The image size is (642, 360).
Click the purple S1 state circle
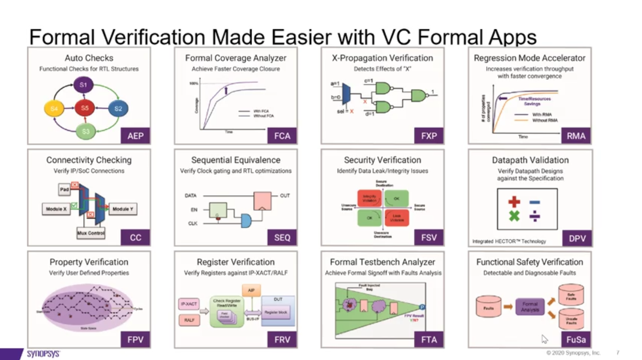83,85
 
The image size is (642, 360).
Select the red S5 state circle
85,108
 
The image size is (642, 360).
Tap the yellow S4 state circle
54,109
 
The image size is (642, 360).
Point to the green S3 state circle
86,131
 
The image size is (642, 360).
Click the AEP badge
135,136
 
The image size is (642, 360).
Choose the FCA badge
282,136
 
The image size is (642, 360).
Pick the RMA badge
576,136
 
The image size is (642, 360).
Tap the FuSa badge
576,340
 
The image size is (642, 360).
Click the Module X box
56,209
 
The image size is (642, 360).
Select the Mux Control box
91,233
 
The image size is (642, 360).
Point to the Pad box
64,189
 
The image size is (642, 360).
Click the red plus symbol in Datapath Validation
514,202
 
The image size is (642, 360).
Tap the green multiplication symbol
514,216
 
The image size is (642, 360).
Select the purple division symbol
535,216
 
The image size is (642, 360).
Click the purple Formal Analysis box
530,307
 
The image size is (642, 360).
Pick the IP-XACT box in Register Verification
189,304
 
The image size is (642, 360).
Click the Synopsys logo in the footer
43,354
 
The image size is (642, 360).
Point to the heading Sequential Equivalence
236,160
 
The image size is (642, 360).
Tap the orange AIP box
251,290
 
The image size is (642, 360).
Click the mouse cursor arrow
544,339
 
